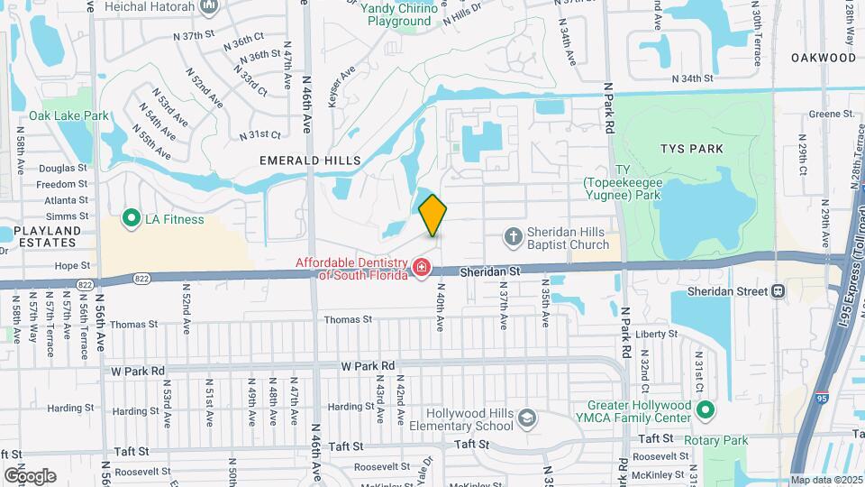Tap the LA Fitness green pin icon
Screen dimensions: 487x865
[x=132, y=218]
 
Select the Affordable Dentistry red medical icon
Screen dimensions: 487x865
[x=421, y=267]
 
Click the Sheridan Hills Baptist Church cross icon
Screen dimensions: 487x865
[x=513, y=237]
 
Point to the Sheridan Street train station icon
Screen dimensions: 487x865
[x=778, y=291]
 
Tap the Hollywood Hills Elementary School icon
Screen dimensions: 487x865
[x=527, y=418]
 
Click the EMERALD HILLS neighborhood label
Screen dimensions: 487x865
[x=310, y=161]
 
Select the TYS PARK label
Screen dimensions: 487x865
[x=692, y=149]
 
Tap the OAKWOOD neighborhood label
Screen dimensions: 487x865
[x=824, y=58]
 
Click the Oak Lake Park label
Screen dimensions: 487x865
[x=68, y=115]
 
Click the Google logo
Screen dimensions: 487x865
[x=30, y=475]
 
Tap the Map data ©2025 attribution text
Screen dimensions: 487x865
[x=826, y=480]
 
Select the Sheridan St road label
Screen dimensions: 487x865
[x=490, y=270]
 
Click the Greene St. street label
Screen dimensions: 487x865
[x=831, y=114]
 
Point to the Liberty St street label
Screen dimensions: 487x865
[x=656, y=334]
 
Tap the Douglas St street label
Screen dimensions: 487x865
[x=62, y=168]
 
